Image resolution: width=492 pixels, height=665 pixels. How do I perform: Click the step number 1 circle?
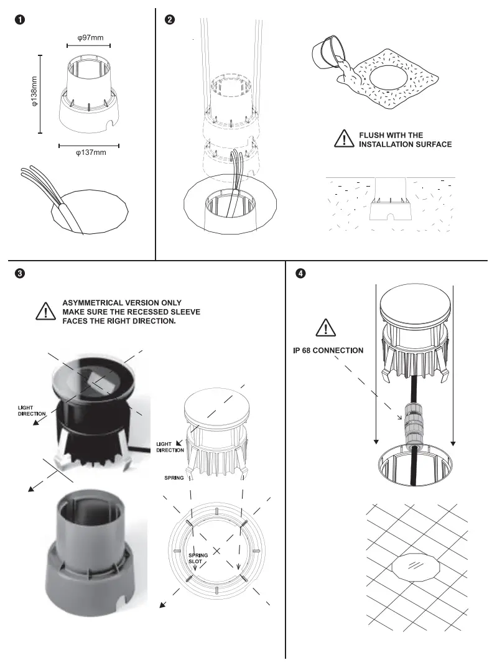[20, 20]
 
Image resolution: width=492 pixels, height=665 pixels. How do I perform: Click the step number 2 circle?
[170, 20]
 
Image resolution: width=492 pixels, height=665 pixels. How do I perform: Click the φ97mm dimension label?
[88, 38]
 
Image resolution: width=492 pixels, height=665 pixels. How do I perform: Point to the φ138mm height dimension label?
[35, 94]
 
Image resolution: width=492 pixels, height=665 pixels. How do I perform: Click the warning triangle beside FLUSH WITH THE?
[343, 139]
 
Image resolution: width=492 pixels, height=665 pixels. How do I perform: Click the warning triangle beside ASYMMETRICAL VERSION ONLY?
[46, 311]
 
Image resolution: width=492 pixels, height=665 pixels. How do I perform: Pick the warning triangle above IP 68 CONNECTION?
[325, 328]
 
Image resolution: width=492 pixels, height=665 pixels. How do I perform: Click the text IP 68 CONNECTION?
[328, 350]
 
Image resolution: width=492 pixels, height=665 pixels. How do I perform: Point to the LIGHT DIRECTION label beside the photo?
[30, 410]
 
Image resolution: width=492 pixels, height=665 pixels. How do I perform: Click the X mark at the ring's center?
[217, 550]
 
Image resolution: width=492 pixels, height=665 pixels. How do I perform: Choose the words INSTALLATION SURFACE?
[405, 144]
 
